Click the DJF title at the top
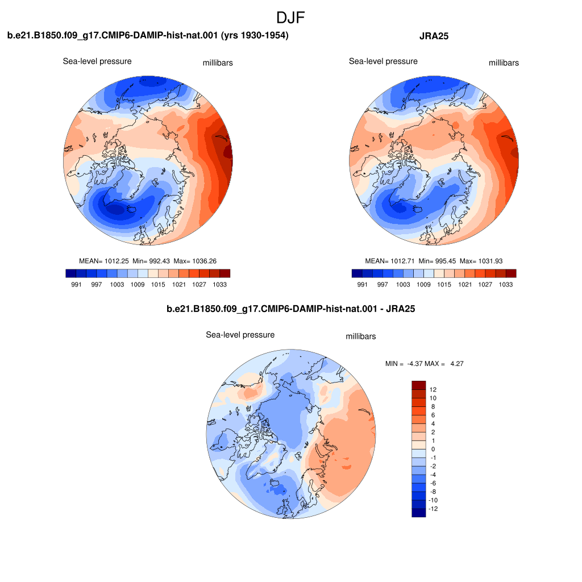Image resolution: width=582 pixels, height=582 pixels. coord(290,18)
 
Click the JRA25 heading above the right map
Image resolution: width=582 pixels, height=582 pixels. coord(434,36)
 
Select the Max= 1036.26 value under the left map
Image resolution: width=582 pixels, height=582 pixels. coord(195,261)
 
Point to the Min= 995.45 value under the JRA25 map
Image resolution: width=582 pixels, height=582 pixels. coord(437,261)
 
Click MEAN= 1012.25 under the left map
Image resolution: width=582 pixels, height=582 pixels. coord(104,261)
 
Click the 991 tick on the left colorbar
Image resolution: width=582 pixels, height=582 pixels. coord(76,284)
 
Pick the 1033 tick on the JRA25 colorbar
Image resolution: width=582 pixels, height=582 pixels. coord(505,284)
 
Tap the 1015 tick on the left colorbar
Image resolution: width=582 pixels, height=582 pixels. coord(158,284)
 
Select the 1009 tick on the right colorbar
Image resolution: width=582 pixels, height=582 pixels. coord(423,284)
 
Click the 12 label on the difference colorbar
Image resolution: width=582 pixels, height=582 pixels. coord(433,389)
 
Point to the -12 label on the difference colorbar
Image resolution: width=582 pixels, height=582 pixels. coord(433,509)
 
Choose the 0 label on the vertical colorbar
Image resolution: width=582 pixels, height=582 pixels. coord(433,449)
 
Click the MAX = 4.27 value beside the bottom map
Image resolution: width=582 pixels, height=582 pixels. coord(444,364)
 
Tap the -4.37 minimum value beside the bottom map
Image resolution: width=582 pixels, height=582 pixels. coord(415,364)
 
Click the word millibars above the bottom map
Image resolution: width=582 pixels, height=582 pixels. coord(361,336)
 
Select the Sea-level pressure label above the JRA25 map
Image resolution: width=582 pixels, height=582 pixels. coord(383,61)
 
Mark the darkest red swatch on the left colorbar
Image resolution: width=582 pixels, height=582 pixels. coord(225,273)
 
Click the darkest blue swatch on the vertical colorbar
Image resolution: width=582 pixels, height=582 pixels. coord(419,513)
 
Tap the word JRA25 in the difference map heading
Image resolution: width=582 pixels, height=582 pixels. coord(401,309)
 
